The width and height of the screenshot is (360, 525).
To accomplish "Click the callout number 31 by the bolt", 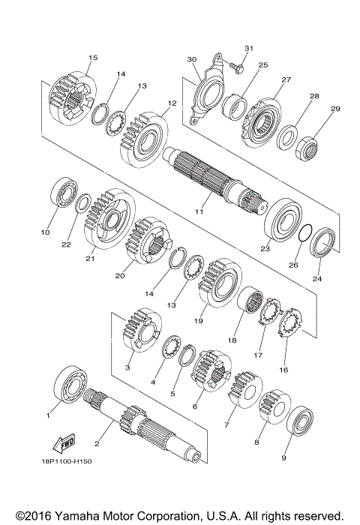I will [249, 49].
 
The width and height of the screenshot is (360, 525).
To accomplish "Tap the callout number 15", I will [93, 57].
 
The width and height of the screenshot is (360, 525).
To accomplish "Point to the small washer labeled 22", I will [85, 202].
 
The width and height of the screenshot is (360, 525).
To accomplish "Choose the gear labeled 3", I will [139, 328].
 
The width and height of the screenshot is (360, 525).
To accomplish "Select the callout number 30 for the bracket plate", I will [191, 60].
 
